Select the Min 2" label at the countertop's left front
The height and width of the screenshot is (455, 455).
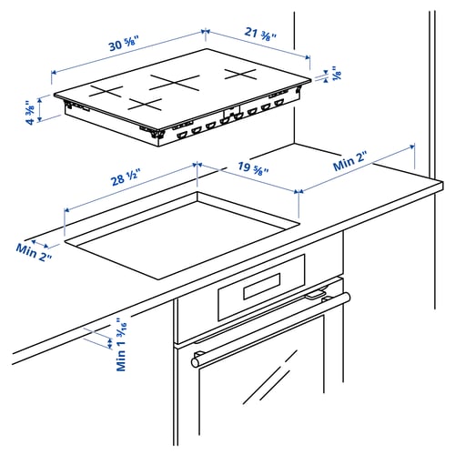point(34,251)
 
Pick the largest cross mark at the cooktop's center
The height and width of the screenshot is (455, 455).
point(174,81)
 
